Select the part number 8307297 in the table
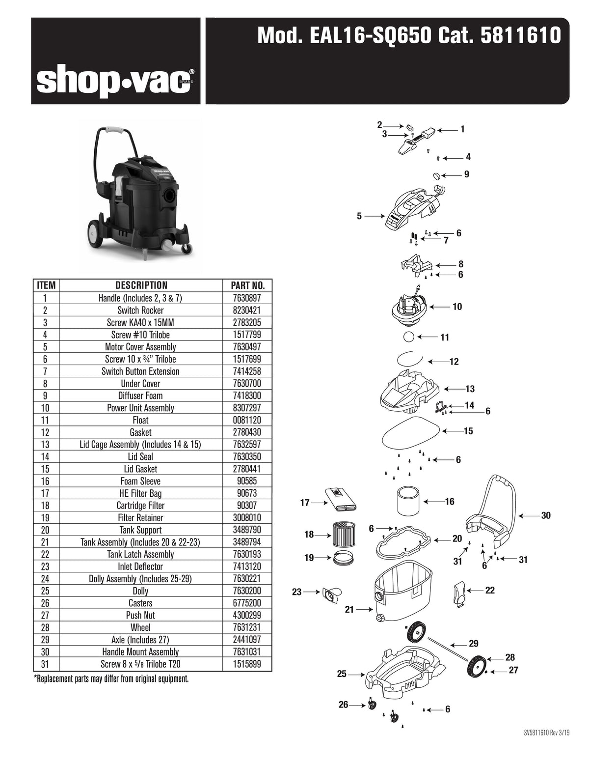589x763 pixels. [248, 408]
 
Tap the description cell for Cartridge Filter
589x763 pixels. [140, 506]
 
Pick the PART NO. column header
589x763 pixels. [248, 285]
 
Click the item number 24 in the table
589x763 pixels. [46, 579]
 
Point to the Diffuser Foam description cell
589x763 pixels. [140, 396]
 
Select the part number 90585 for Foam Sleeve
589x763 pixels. [248, 481]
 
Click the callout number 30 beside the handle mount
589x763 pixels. [546, 515]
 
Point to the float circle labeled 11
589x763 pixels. [408, 338]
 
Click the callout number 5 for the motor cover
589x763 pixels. [359, 216]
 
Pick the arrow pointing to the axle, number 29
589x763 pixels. [458, 644]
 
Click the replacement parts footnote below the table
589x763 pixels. [111, 679]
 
